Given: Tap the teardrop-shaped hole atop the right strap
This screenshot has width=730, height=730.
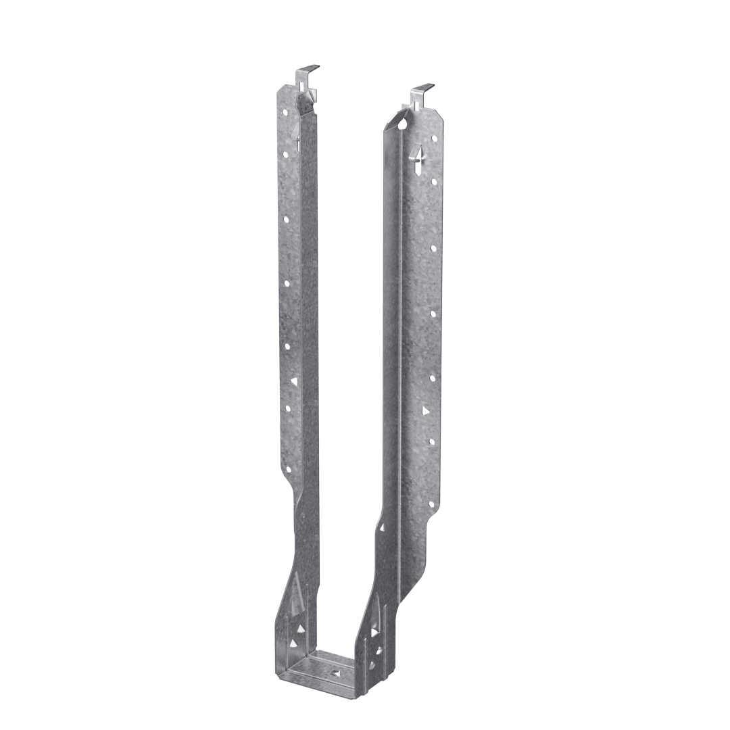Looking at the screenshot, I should [403, 124].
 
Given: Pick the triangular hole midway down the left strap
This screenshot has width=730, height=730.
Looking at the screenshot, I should [293, 382].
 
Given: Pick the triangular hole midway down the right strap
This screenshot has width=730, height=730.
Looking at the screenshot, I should [425, 410].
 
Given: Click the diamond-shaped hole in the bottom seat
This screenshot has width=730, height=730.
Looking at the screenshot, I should [336, 673].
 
